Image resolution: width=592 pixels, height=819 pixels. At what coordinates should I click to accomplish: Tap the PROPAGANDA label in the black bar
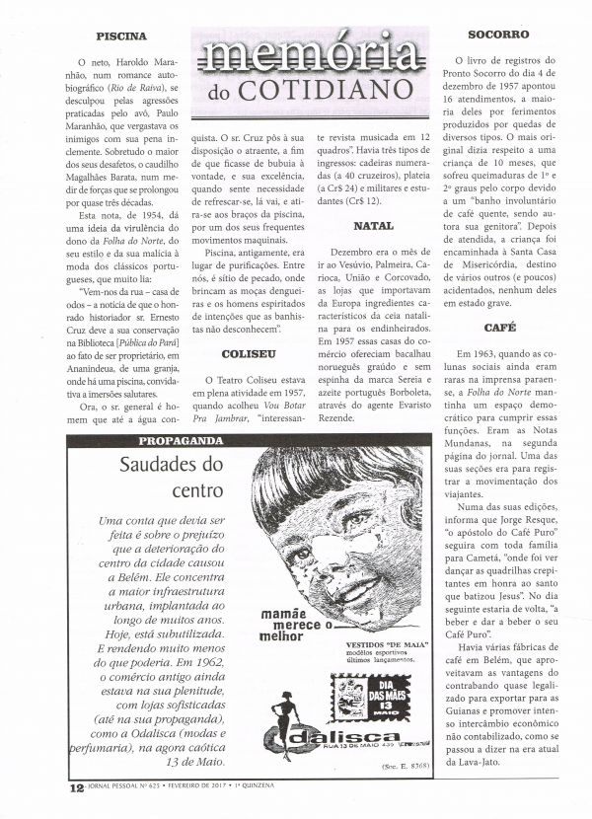(171, 440)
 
